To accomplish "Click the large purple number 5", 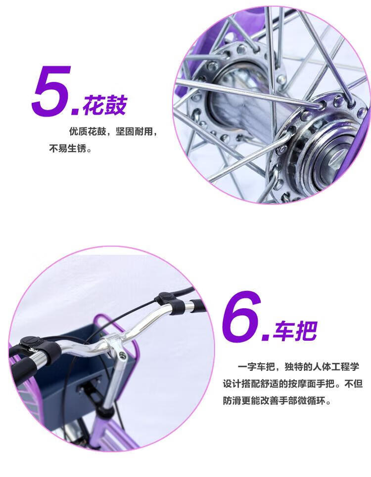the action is (51, 91).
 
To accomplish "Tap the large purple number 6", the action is (242, 316).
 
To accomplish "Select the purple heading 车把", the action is (294, 331).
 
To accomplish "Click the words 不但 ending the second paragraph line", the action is (354, 384).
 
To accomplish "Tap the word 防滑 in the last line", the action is (232, 400).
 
